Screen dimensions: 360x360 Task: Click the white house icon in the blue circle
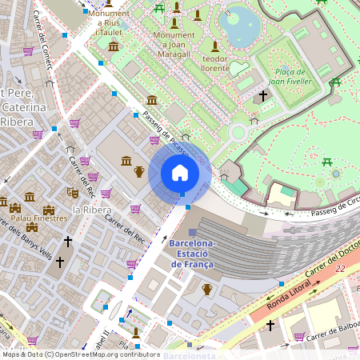click(x=180, y=173)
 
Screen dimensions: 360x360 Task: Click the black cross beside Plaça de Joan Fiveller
click(x=263, y=96)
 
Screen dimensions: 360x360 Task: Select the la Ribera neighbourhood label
click(x=91, y=210)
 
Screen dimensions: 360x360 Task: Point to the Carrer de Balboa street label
click(x=330, y=330)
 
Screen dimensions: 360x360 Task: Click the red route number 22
click(x=340, y=269)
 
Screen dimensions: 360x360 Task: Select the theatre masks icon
click(x=72, y=192)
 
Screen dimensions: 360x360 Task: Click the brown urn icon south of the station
click(x=207, y=289)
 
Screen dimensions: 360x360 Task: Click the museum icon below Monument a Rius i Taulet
click(x=114, y=46)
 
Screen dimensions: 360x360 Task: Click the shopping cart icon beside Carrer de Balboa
click(x=299, y=336)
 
